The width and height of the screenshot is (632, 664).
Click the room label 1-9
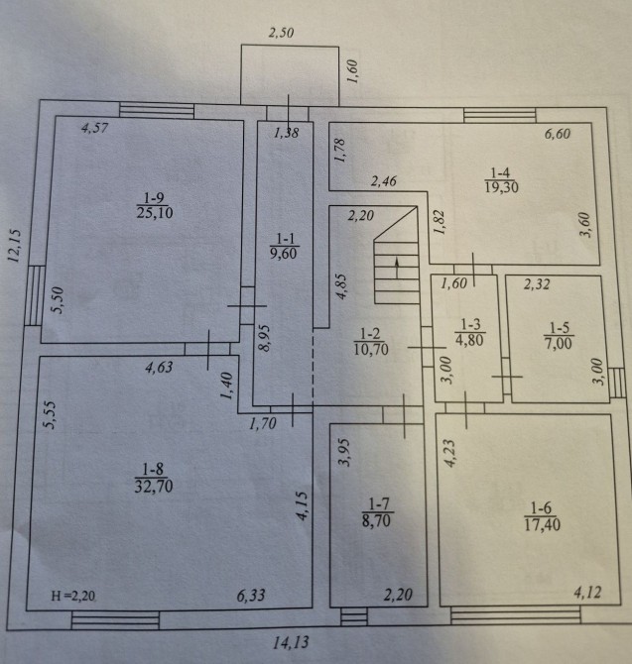click(x=154, y=198)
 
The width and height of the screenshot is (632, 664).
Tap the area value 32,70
click(x=154, y=487)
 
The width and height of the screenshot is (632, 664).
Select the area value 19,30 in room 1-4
click(x=501, y=187)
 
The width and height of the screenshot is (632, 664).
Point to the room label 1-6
click(x=542, y=507)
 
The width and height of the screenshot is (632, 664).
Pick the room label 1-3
click(x=470, y=325)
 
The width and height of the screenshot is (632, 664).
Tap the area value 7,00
click(x=559, y=343)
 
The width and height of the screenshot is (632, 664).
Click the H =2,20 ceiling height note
click(x=72, y=596)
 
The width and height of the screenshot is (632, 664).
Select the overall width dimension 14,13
click(x=291, y=643)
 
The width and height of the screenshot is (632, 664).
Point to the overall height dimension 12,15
click(x=14, y=246)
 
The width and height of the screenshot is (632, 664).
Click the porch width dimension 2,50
click(x=282, y=33)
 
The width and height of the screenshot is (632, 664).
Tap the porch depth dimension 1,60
click(x=352, y=71)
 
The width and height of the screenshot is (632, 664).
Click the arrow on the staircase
click(x=397, y=268)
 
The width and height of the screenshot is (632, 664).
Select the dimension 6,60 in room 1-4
click(x=558, y=134)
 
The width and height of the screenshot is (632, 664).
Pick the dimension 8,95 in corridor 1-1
click(x=264, y=338)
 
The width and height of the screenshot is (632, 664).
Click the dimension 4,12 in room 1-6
click(x=587, y=593)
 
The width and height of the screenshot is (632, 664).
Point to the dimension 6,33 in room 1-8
click(x=251, y=596)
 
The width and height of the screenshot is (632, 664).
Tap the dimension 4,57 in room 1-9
click(x=95, y=128)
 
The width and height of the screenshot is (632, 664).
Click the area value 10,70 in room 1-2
click(x=371, y=349)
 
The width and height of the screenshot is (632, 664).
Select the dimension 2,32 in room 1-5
click(x=537, y=283)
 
